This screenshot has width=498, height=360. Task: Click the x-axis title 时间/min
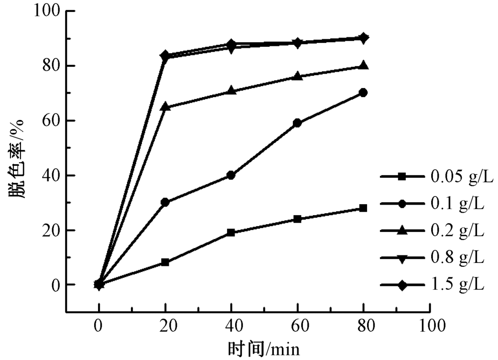click(264, 349)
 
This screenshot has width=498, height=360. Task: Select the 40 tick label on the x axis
click(231, 326)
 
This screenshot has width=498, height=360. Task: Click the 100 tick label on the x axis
click(429, 326)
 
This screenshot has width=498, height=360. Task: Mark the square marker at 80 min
click(363, 208)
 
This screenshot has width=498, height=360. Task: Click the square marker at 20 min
click(165, 262)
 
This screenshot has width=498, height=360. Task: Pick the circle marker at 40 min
click(231, 175)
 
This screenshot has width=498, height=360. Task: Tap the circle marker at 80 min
click(363, 93)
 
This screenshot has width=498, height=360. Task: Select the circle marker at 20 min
click(165, 202)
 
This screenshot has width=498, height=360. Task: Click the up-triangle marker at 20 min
click(165, 107)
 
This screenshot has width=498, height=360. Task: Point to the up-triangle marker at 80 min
click(363, 65)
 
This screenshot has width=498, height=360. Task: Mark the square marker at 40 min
click(231, 233)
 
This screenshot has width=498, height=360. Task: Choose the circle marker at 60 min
click(297, 123)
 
